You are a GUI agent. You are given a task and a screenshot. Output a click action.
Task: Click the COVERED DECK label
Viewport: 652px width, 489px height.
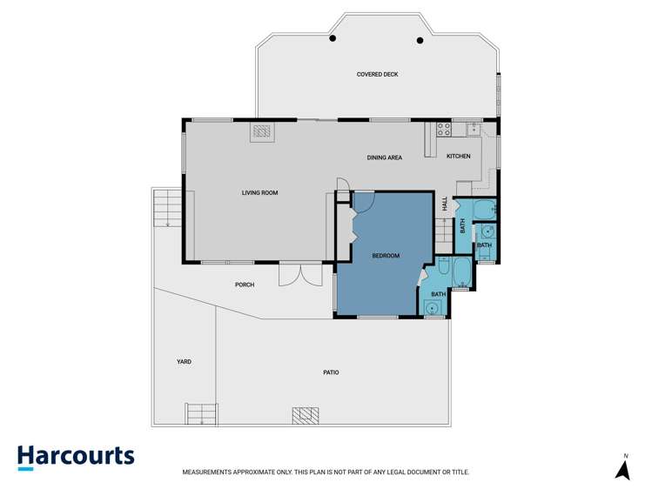tap(377, 75)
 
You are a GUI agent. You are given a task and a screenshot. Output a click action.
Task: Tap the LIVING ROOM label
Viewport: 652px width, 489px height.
tap(259, 192)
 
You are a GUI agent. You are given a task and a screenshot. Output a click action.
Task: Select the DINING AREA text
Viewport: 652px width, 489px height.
tap(384, 157)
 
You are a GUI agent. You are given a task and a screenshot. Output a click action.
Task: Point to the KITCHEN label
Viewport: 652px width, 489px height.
tap(458, 157)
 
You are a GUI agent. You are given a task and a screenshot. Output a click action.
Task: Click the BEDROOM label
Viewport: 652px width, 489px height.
tap(385, 255)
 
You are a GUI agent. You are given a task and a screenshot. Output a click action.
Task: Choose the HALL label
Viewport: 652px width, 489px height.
tap(445, 204)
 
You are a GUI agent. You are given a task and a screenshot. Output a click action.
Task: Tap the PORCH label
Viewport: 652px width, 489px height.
tap(245, 285)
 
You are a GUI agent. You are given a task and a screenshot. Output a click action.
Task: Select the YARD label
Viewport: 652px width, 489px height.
tap(183, 361)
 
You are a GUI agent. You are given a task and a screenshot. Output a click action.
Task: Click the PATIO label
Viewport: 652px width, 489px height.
tap(330, 372)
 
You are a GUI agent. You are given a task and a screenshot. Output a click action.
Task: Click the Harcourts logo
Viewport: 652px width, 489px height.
tap(76, 457)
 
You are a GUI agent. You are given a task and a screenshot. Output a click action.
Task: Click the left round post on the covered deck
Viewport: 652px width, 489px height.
tap(333, 39)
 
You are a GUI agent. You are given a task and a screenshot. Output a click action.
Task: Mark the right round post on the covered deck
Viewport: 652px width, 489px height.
tap(420, 39)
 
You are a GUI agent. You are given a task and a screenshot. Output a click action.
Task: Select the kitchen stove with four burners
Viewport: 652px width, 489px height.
tap(442, 131)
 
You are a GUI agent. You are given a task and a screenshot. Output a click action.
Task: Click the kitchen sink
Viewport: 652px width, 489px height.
tap(473, 130)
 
